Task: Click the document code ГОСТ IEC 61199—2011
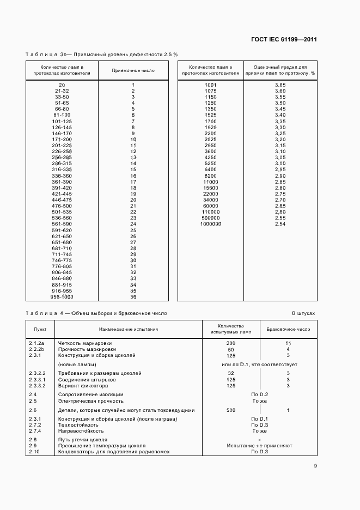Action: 284,39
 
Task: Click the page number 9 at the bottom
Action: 315,465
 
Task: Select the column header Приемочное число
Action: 133,70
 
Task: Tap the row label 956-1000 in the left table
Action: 62,297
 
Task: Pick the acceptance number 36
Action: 133,297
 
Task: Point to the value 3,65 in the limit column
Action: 280,85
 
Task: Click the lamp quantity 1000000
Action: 211,224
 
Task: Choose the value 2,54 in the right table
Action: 280,224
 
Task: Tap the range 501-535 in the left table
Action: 62,212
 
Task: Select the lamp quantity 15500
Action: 211,187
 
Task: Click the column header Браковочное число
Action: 288,329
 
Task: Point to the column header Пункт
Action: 40,329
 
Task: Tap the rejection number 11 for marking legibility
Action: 288,343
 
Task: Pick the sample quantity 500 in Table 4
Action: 231,410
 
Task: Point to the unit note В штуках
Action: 303,314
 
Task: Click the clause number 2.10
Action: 34,452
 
